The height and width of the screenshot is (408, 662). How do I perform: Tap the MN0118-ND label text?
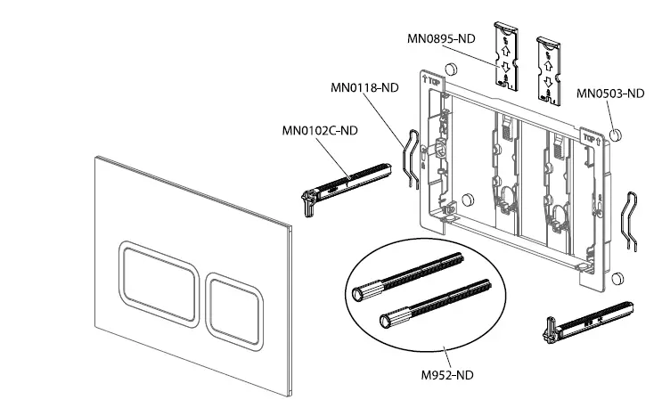[364, 88]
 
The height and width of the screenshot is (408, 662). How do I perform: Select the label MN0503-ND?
[609, 93]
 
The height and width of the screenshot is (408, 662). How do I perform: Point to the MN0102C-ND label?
[320, 131]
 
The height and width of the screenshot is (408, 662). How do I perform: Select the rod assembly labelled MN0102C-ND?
[345, 182]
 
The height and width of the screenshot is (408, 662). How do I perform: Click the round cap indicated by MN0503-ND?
[613, 134]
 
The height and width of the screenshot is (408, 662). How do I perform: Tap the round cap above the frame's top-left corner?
[452, 68]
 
